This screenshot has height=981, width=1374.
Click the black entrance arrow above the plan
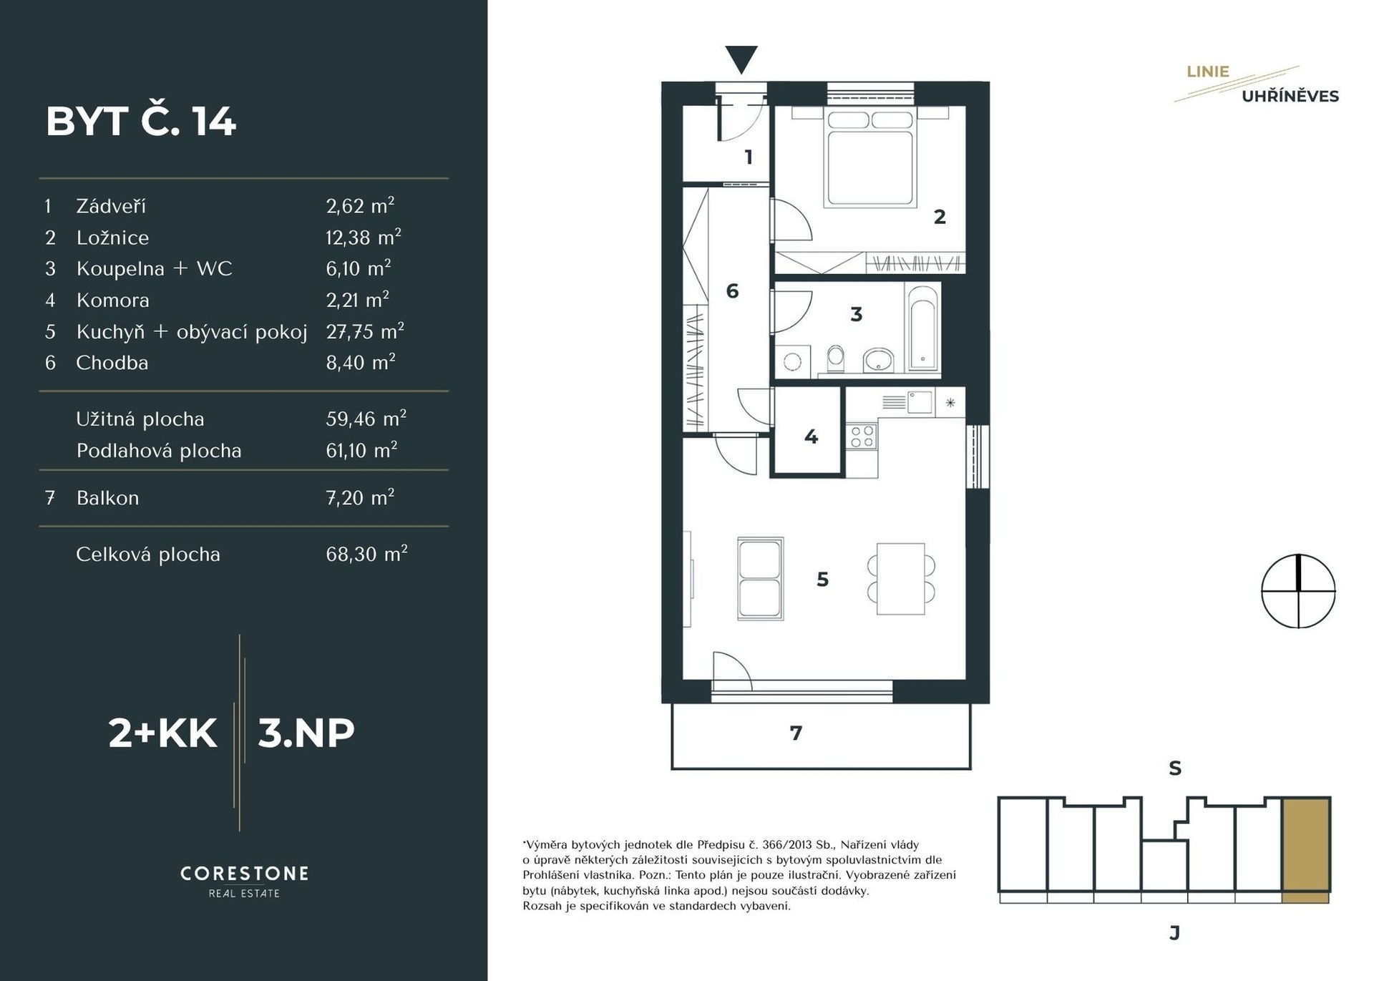741,59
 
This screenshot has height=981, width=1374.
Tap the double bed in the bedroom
870,157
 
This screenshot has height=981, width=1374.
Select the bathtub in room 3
922,327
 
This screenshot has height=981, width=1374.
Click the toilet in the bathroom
835,359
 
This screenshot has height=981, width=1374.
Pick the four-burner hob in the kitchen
862,436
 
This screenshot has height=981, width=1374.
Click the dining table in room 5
901,578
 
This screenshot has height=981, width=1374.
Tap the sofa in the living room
760,579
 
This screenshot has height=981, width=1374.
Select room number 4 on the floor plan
811,436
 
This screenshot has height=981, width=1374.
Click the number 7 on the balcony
796,733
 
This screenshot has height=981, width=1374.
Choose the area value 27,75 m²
365,331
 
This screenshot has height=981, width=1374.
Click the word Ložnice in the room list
113,238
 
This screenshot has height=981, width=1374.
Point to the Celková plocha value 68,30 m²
366,554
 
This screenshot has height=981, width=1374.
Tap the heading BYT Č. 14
141,121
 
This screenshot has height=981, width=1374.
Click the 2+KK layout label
162,733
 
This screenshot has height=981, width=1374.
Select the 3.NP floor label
306,733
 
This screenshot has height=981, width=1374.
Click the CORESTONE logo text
245,874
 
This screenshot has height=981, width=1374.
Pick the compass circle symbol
1298,591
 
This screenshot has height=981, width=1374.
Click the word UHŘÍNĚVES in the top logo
1290,96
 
